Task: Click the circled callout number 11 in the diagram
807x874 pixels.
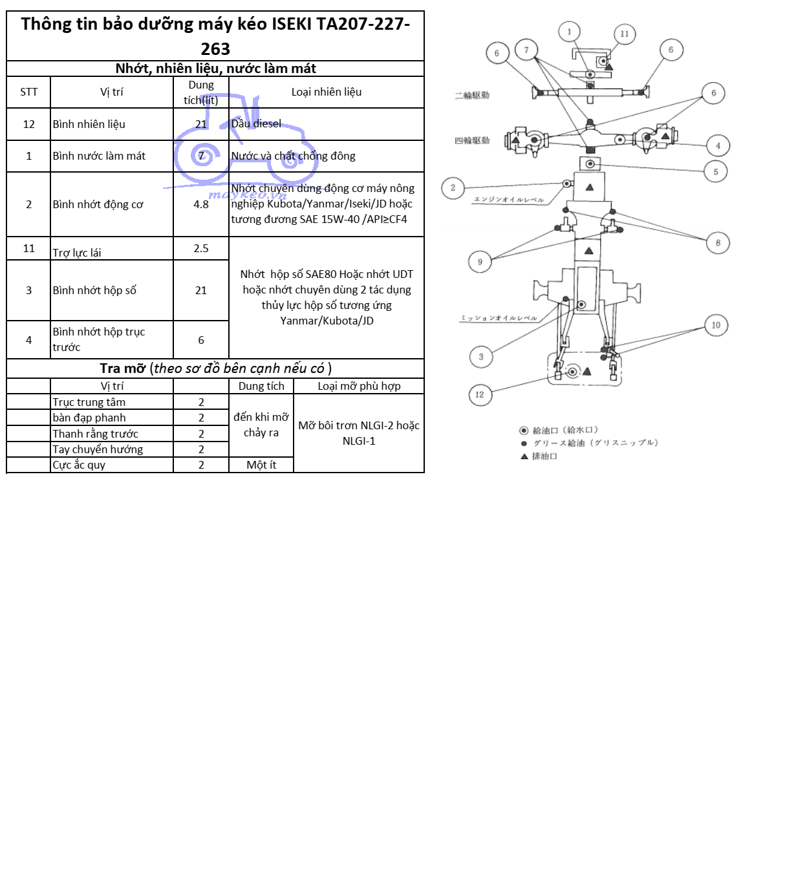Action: coord(624,34)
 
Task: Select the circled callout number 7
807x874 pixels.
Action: coord(526,50)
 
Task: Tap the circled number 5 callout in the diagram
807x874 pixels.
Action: coord(716,172)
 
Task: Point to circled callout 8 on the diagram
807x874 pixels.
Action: coord(718,243)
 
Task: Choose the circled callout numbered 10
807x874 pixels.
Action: coord(716,325)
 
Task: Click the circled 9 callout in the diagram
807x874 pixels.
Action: coord(480,262)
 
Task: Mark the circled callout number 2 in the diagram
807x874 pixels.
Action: coord(453,188)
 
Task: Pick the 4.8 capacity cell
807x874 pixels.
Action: coord(201,204)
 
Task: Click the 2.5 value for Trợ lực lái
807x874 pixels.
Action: coord(201,248)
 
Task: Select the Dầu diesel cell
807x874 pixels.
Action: coord(257,123)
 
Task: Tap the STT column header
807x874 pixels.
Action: coord(29,92)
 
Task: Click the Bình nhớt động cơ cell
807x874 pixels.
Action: coord(98,204)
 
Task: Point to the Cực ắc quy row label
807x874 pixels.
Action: coord(79,465)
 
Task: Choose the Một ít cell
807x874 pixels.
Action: coord(261,465)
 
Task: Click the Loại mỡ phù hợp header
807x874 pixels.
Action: coord(359,386)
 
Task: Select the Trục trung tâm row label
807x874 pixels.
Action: coord(89,402)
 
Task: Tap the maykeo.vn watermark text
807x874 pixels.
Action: coord(248,195)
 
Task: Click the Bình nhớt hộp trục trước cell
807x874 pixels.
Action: coord(99,339)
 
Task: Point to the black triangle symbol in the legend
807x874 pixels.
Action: coord(524,456)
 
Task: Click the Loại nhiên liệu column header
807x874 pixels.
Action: coord(327,92)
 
